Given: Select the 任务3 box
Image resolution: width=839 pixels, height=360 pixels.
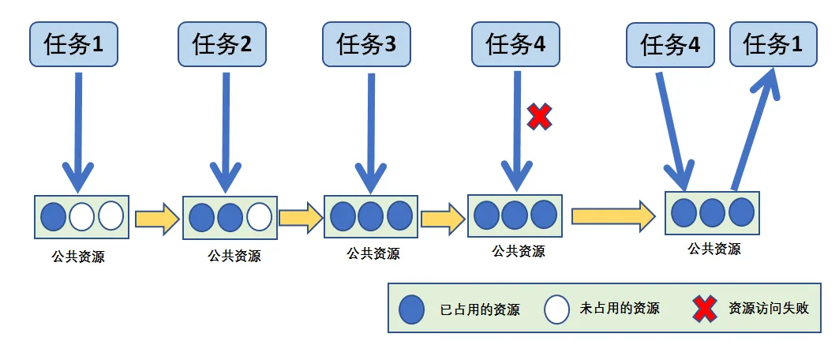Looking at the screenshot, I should pyautogui.click(x=366, y=44).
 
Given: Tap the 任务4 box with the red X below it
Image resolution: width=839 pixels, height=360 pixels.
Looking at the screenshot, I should pyautogui.click(x=515, y=44).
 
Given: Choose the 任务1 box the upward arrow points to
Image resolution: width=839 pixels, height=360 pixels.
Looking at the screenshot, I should pyautogui.click(x=773, y=45).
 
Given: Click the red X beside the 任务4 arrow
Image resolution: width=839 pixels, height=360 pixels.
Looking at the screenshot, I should pyautogui.click(x=539, y=117).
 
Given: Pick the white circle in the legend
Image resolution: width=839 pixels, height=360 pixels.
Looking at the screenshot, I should pyautogui.click(x=556, y=309).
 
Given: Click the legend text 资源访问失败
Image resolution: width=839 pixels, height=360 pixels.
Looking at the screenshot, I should pyautogui.click(x=769, y=309).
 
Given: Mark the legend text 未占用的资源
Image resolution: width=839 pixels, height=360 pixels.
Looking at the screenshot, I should pyautogui.click(x=620, y=309).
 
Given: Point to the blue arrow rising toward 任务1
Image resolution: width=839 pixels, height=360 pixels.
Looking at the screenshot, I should pyautogui.click(x=755, y=126).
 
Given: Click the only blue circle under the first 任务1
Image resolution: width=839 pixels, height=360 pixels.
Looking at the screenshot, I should pyautogui.click(x=53, y=216).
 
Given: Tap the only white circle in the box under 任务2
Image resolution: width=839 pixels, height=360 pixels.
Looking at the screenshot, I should pyautogui.click(x=258, y=216).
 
